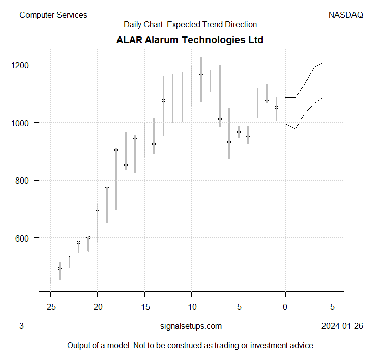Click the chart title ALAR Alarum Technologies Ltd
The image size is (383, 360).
[x=190, y=40]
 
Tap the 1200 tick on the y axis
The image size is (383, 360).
[x=26, y=65]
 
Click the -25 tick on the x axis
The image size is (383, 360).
[x=50, y=307]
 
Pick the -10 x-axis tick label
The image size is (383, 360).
[x=191, y=307]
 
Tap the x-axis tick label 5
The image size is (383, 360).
[x=333, y=307]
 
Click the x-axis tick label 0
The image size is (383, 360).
[x=285, y=307]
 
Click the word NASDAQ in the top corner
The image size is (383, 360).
[x=346, y=15]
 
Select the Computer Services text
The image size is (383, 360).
[x=53, y=15]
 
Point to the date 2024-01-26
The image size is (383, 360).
[x=342, y=326]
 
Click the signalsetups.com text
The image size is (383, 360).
[x=191, y=326]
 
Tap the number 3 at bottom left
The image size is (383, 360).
[x=21, y=326]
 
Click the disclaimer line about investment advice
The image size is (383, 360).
[x=191, y=346]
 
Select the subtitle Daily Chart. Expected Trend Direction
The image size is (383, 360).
[x=190, y=24]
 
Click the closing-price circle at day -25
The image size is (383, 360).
[x=50, y=280]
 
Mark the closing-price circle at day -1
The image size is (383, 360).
[x=276, y=107]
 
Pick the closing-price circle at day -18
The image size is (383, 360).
[x=116, y=150]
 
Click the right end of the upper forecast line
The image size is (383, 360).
[x=323, y=63]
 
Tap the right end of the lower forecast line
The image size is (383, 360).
[x=323, y=97]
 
